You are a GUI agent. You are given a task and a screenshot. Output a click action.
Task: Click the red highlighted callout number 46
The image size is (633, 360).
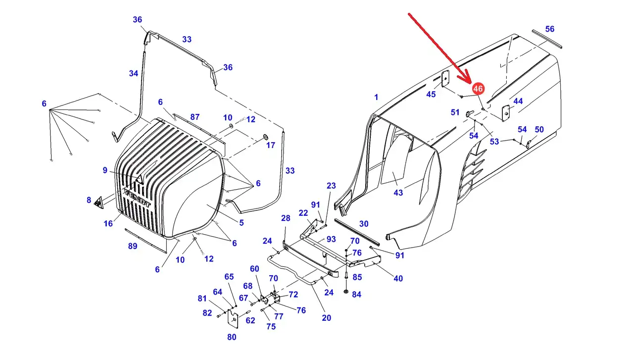tap(478, 89)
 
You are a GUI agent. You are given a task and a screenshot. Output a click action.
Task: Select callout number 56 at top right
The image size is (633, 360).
tap(550, 29)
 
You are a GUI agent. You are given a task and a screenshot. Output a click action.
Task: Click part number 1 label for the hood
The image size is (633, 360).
tap(376, 98)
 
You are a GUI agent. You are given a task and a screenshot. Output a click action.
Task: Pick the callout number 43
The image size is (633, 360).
tap(398, 193)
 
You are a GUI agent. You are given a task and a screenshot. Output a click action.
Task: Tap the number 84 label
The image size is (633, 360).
tap(356, 295)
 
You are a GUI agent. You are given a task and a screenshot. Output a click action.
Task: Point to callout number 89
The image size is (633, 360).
tap(133, 246)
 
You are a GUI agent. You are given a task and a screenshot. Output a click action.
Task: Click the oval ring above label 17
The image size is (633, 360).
tap(265, 136)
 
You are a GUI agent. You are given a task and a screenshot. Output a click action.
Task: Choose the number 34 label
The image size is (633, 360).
tap(134, 73)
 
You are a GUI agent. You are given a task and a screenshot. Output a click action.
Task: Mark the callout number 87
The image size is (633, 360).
tap(195, 117)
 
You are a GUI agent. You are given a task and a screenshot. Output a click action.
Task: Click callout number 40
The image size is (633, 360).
tap(398, 278)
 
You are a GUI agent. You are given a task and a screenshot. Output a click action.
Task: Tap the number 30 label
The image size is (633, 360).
tap(364, 224)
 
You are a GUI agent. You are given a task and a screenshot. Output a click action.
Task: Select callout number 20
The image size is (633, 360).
tap(326, 318)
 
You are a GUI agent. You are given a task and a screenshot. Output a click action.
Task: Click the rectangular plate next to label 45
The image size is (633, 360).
tap(445, 79)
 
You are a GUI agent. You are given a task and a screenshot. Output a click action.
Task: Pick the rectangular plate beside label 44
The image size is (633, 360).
tap(506, 113)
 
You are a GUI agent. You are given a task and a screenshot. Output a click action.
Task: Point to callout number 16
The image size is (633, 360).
tap(108, 224)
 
